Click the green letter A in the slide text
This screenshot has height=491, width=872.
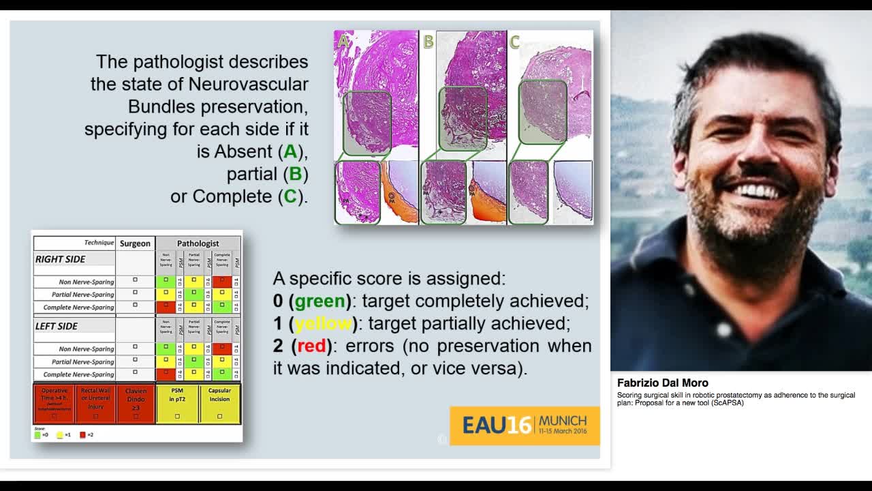coord(290,151)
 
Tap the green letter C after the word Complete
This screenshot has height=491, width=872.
coord(290,196)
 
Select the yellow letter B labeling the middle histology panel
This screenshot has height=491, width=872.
coord(429,42)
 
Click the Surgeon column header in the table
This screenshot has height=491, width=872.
coord(135,243)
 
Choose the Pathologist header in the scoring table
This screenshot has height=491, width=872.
coord(198,243)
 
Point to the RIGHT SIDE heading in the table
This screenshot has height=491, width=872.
coord(60,259)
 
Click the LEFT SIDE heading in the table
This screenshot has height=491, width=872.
coord(57,327)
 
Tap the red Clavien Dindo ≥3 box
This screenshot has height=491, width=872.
coord(136,403)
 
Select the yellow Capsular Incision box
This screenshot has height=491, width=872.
coord(219,403)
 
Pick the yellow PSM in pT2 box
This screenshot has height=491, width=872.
coord(177,403)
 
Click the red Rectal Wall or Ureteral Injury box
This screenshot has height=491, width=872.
coord(95,403)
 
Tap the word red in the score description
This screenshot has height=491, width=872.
coord(311,346)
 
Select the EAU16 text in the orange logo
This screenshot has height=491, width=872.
coord(496,426)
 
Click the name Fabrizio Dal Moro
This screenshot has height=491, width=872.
coord(662,383)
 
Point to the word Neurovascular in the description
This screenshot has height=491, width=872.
coord(248,85)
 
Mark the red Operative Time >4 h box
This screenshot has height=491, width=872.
coord(54,403)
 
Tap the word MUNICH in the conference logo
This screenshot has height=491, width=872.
coord(562,421)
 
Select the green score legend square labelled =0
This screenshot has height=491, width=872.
coord(37,434)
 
